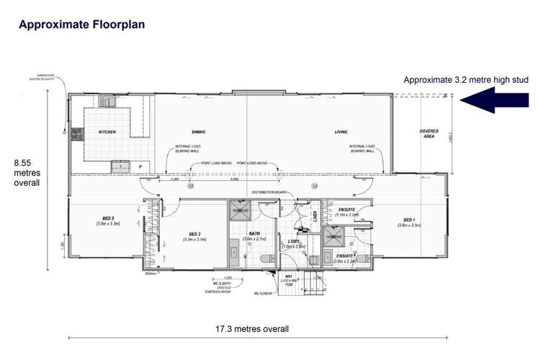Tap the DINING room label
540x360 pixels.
coord(199,132)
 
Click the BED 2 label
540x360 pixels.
coord(194,234)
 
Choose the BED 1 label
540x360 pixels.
coord(409,220)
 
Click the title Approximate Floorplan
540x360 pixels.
coord(81,24)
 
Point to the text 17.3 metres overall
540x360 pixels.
coord(253,329)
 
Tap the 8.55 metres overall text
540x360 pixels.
coord(27,173)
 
